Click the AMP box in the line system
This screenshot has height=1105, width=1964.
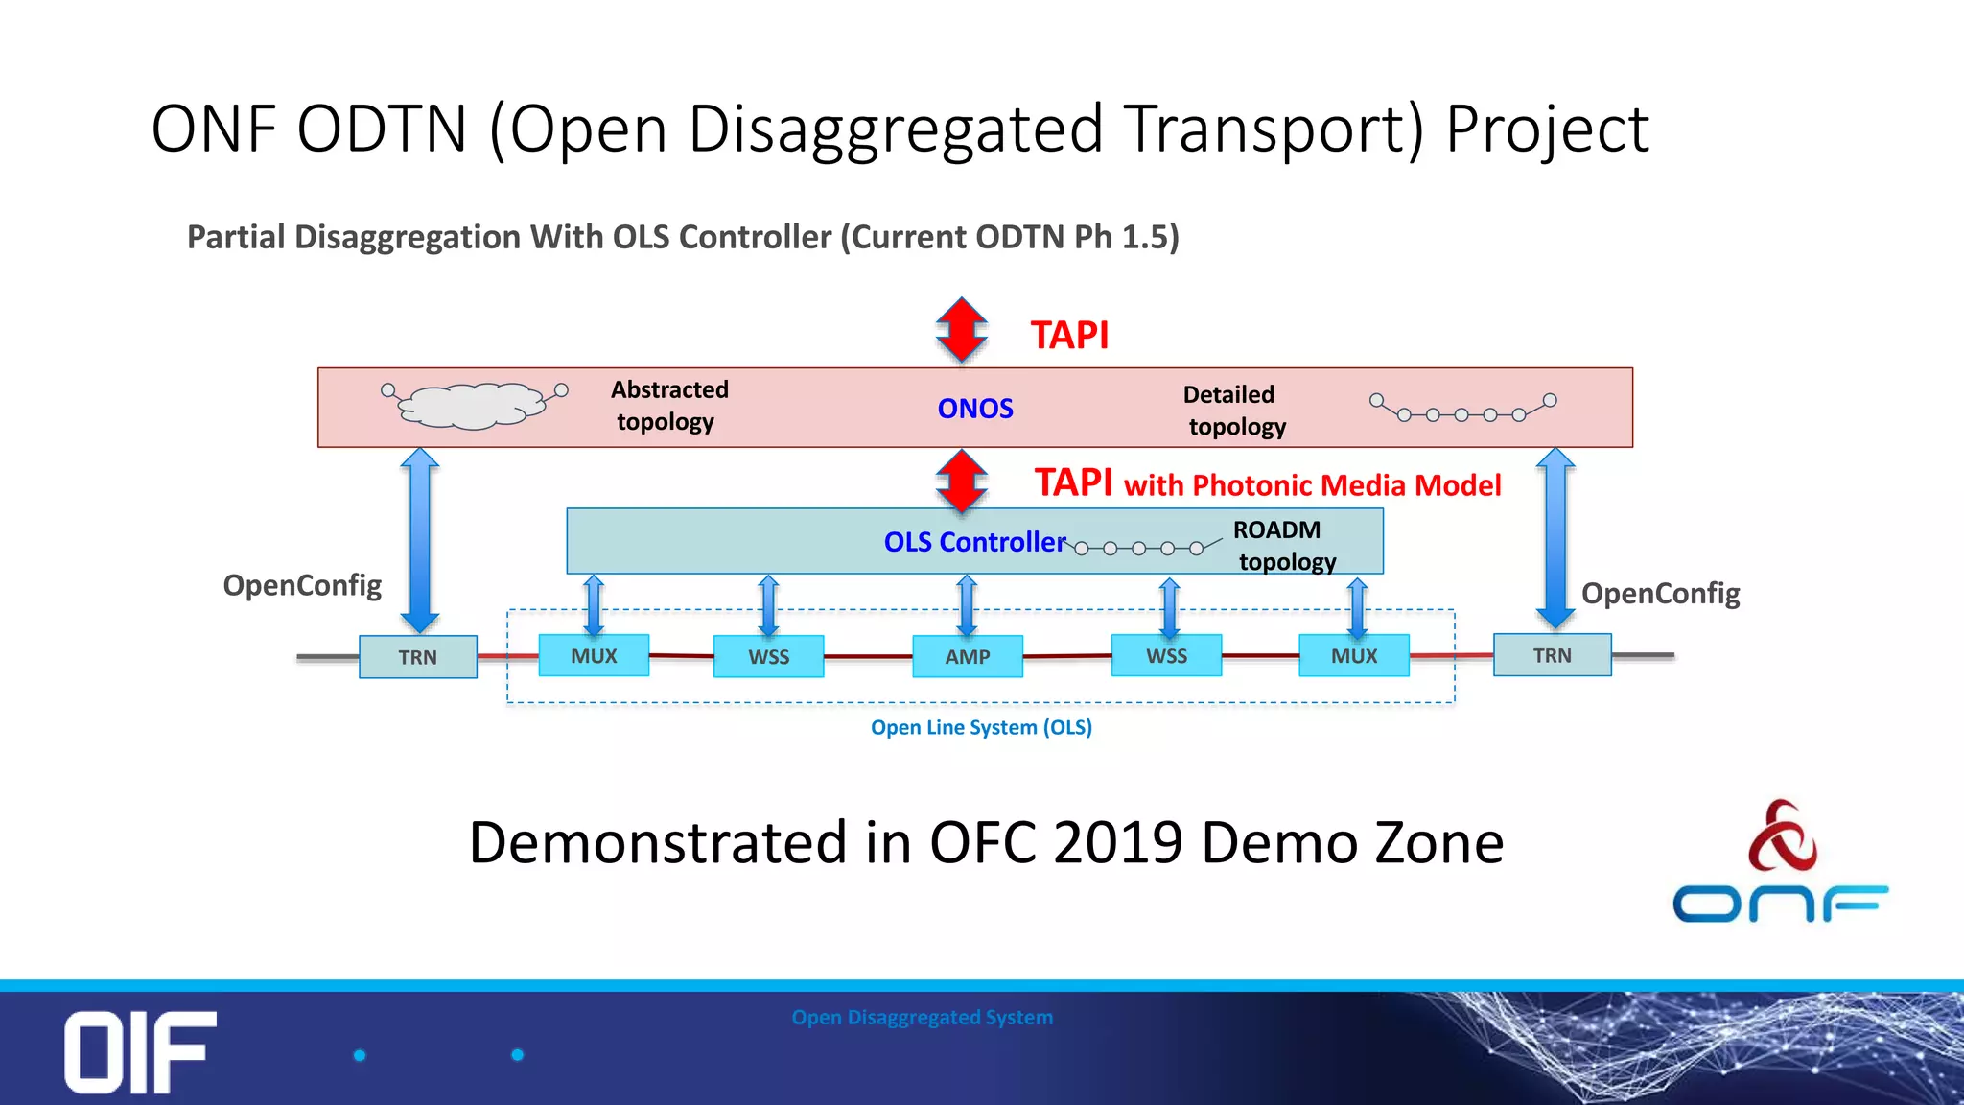(967, 657)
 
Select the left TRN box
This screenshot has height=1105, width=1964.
(418, 657)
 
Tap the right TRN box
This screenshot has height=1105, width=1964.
(1552, 655)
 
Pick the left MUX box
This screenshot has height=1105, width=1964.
(594, 656)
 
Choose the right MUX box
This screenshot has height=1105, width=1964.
(1353, 656)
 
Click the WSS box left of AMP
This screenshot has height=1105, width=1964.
(768, 657)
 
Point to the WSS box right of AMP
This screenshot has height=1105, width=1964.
(1166, 656)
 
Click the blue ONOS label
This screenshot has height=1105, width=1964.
(974, 409)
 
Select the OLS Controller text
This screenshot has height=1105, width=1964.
(974, 542)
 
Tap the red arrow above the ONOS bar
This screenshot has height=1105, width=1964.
(962, 330)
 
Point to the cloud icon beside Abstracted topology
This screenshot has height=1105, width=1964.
(472, 405)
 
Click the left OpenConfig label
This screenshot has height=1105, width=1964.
(302, 585)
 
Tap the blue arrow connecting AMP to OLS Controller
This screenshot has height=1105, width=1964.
(967, 605)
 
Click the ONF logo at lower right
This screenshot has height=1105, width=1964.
(1780, 863)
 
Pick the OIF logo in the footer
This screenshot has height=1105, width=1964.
(140, 1051)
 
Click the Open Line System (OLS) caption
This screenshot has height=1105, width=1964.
(981, 727)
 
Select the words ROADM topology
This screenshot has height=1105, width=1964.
(1282, 546)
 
